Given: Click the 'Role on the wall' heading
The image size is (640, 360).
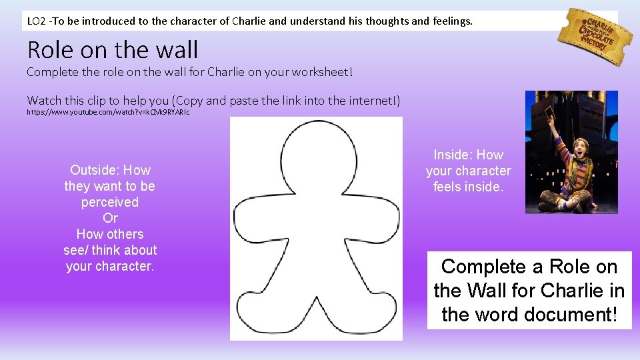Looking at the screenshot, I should click(x=113, y=49).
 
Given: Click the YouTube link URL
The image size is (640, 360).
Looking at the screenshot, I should click(x=108, y=113).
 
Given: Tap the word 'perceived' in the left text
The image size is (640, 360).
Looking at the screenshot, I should click(x=110, y=202).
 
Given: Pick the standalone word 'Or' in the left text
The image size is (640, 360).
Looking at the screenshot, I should click(x=110, y=218).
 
